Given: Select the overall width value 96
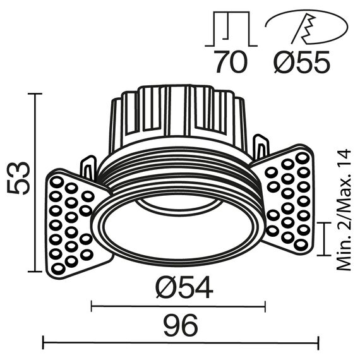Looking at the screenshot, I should pos(181,326).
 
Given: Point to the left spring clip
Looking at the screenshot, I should pos(88,168).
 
